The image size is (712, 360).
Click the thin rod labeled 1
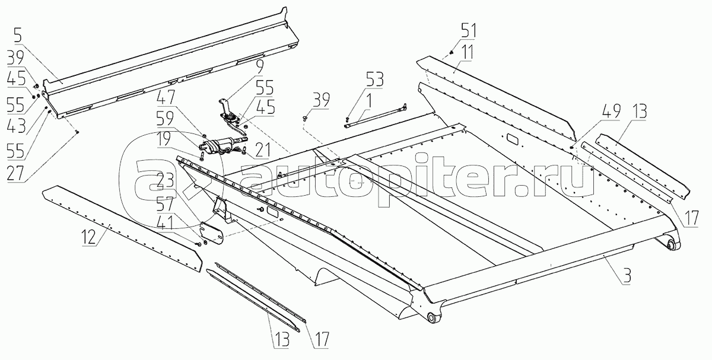[374, 115]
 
